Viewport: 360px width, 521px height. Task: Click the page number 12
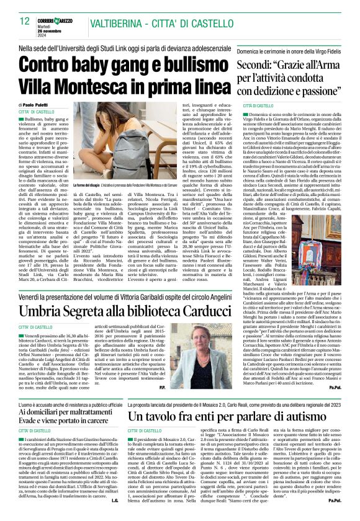tap(25, 22)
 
